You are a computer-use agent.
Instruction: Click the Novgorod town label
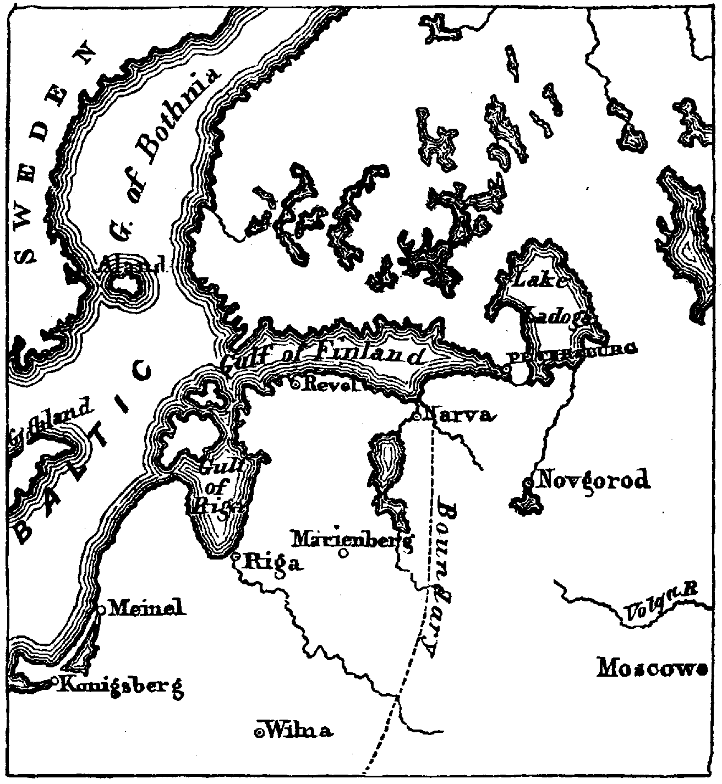click(592, 480)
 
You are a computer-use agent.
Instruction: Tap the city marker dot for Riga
click(236, 557)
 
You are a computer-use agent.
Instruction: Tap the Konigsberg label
click(121, 686)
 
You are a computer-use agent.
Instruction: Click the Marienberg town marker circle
click(344, 553)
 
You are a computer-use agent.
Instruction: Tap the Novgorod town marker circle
click(529, 483)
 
